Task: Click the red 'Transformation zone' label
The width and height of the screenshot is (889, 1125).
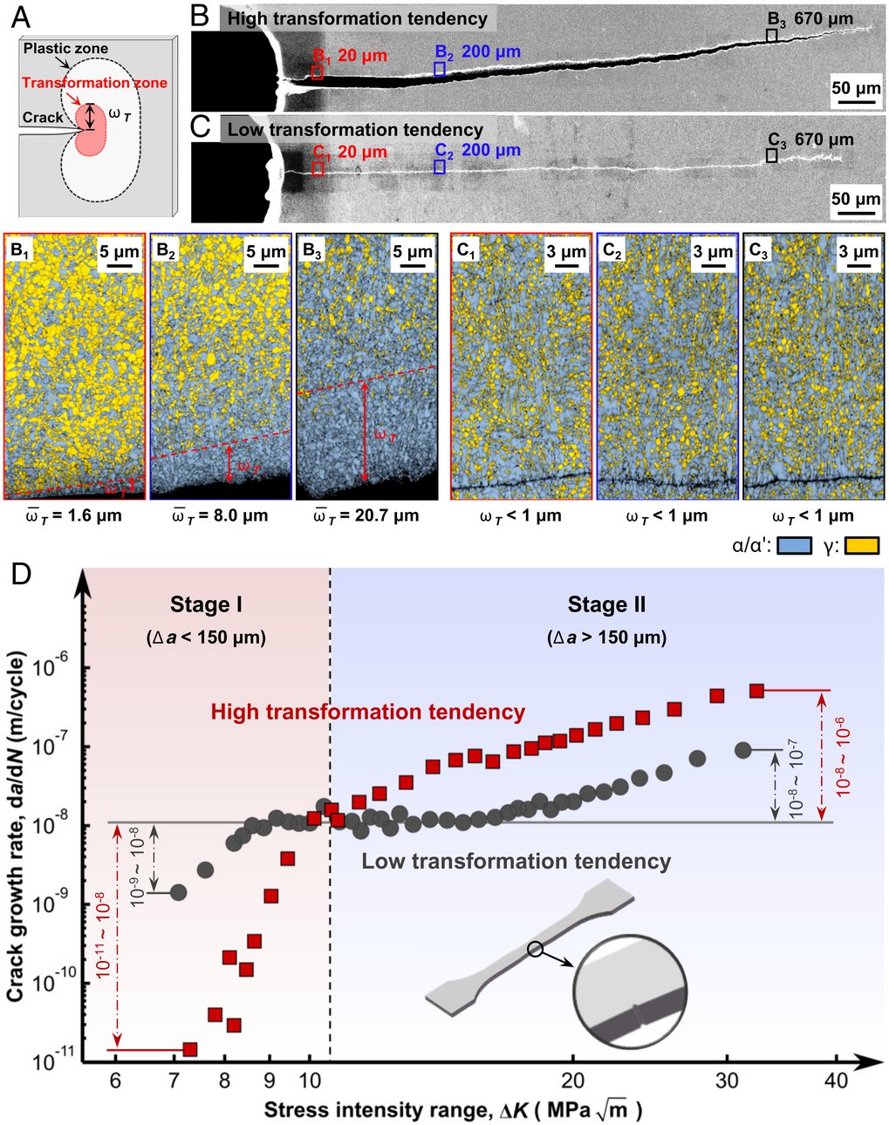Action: click(x=94, y=83)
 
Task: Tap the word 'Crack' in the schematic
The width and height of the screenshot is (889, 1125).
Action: click(x=43, y=118)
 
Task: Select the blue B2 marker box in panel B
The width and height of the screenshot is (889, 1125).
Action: click(x=441, y=69)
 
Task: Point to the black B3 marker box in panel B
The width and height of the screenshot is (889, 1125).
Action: click(x=771, y=35)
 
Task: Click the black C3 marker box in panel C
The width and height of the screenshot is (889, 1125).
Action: click(x=771, y=155)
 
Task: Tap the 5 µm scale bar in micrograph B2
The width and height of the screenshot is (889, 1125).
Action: click(x=266, y=269)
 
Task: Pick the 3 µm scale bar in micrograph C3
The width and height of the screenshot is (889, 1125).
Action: click(x=858, y=269)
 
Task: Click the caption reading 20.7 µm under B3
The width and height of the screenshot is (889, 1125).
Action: click(x=366, y=515)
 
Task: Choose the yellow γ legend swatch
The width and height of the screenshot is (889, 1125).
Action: click(x=861, y=546)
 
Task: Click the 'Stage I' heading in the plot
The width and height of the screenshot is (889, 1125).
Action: click(x=206, y=604)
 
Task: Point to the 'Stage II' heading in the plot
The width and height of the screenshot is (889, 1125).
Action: click(x=606, y=604)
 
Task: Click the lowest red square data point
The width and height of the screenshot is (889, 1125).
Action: click(x=189, y=1049)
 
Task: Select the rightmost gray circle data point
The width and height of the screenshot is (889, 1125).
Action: click(x=743, y=749)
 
